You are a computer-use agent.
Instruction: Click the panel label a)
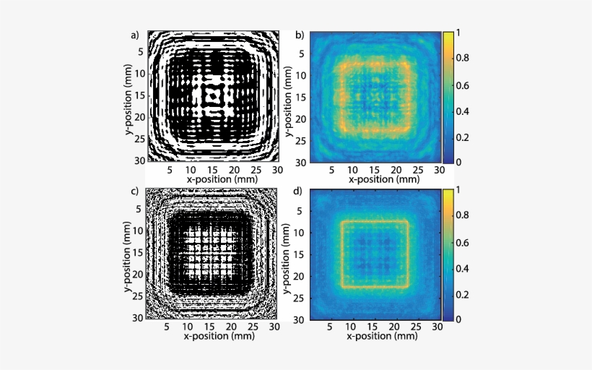pyautogui.click(x=134, y=34)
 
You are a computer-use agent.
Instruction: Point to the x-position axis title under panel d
pyautogui.click(x=372, y=337)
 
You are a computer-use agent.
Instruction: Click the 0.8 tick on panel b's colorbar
pyautogui.click(x=466, y=60)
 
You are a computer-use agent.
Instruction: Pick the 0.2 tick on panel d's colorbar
pyautogui.click(x=466, y=294)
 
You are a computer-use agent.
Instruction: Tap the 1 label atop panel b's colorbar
pyautogui.click(x=463, y=34)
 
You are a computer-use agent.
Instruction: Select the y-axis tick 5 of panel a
pyautogui.click(x=142, y=51)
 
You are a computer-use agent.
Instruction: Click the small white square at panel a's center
pyautogui.click(x=212, y=95)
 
